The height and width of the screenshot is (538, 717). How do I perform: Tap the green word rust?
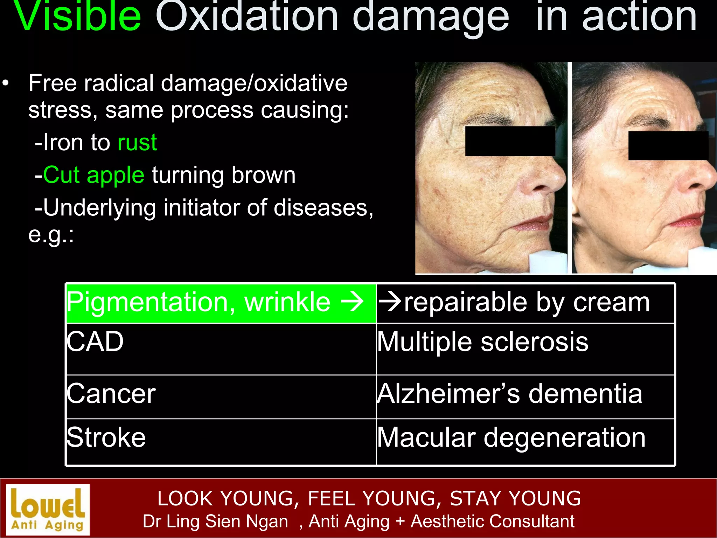click(137, 143)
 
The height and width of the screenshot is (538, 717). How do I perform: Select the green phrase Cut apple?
click(93, 175)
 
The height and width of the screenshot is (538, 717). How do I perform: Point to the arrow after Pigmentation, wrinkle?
click(353, 302)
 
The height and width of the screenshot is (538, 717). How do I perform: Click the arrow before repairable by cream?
click(390, 302)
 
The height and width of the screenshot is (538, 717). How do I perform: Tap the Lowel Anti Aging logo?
click(48, 510)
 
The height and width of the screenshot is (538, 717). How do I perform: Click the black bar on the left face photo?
click(510, 141)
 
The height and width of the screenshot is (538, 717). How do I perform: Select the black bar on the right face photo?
click(668, 146)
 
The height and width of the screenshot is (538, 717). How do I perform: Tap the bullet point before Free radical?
click(5, 84)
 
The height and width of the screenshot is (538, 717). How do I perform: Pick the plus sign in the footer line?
click(400, 521)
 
